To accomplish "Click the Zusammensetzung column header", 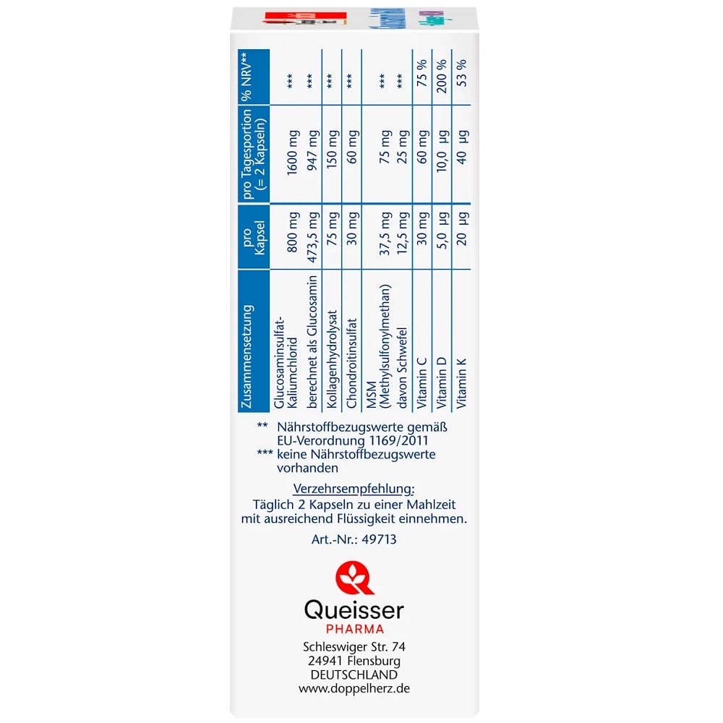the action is coord(247,356).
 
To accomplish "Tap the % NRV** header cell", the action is coord(247,77).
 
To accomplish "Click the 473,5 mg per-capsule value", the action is coord(313,237).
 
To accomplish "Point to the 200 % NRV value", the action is coord(442,76).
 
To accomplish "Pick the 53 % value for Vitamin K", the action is coord(461,73).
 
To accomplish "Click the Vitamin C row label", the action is coord(422,382).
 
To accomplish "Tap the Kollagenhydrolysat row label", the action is coord(332,359).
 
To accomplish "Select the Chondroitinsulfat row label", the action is coord(351,364).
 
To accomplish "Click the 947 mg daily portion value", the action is coord(313,150).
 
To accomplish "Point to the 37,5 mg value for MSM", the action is coord(385,234).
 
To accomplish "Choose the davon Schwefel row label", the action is coord(402,368).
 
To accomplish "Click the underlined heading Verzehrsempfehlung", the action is coord(354,489).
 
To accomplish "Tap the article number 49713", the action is coord(379,539).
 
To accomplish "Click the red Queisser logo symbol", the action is coord(354,577).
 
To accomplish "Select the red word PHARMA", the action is coord(355,629).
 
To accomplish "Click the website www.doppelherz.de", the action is coord(354,688).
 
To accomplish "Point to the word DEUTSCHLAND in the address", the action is coord(354,675).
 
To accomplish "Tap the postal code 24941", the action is coord(325,660).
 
